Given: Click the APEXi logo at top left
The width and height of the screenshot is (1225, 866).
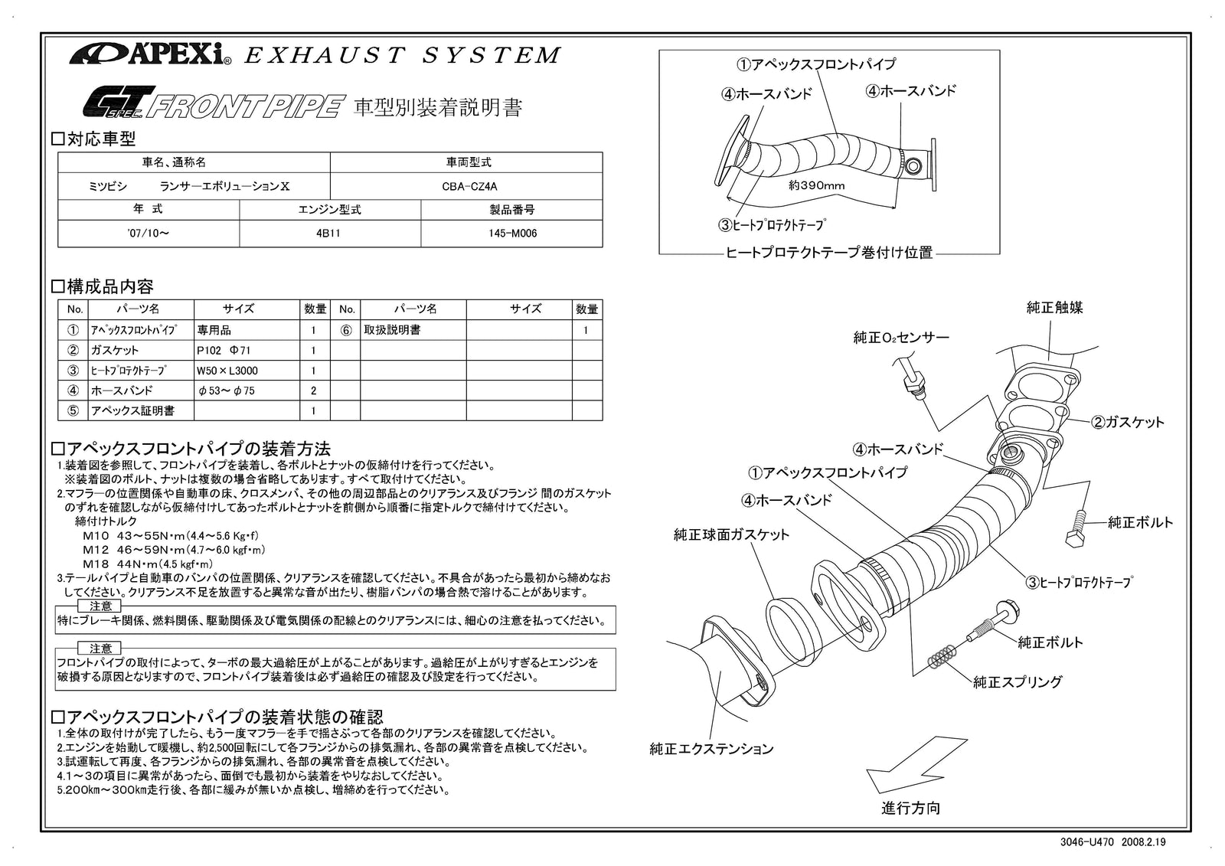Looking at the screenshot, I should pos(150,54).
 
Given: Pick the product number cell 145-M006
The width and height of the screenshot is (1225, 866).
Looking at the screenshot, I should pos(512,234).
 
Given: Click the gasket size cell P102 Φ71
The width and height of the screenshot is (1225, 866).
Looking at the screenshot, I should pos(224,351).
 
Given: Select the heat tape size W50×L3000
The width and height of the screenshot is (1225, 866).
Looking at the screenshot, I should pos(227,371).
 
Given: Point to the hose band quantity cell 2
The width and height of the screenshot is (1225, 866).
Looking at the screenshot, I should pos(314,391).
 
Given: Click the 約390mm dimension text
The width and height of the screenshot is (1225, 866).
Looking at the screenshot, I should pos(816,185).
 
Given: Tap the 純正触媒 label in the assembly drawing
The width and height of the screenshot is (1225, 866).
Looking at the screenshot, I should pos(1054,308).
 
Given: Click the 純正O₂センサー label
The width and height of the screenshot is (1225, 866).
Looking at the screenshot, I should pos(901,338).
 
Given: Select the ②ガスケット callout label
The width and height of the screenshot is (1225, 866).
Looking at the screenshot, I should pos(1127,422).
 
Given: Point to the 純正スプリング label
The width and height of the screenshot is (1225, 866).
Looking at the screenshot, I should pos(1018,681).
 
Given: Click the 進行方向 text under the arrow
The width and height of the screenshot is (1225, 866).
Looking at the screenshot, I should pos(910,808).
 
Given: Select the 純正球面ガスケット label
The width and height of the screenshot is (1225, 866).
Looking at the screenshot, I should pos(731,534).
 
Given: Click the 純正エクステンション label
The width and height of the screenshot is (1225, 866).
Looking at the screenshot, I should pos(711,749).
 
